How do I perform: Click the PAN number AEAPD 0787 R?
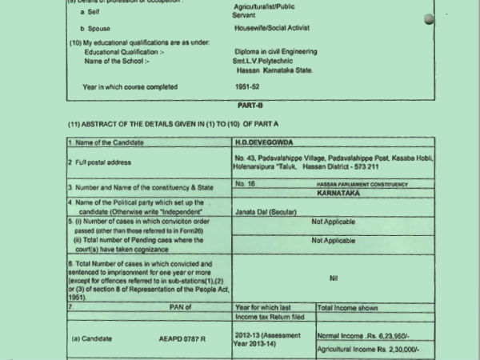click(182, 338)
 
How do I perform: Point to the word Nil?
click(334, 278)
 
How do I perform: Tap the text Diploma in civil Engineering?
click(275, 51)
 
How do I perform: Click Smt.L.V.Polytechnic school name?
click(272, 61)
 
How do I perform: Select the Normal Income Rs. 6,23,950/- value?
click(366, 335)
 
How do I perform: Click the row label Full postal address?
click(108, 161)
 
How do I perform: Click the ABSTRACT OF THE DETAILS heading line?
click(174, 125)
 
